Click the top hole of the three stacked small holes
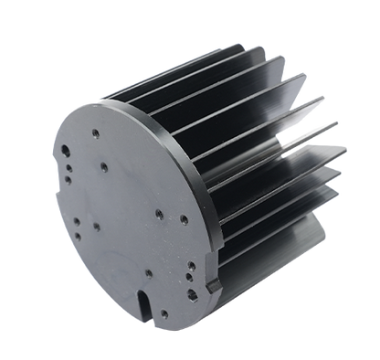click(69, 164)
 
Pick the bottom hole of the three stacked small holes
click(68, 180)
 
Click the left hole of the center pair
click(158, 212)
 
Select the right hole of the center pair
click(183, 219)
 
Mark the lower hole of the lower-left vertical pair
click(78, 236)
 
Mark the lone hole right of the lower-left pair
click(96, 226)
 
